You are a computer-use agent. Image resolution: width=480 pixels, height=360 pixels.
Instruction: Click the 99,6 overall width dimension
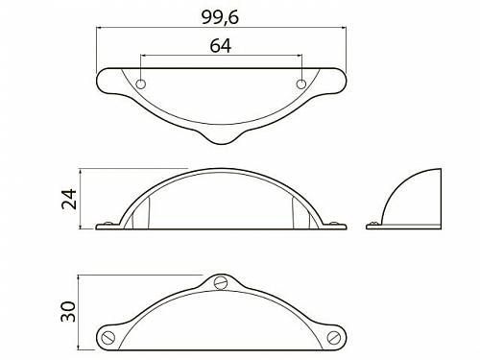(x=220, y=17)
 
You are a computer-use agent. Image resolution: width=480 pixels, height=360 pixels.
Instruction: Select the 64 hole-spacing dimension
(x=221, y=46)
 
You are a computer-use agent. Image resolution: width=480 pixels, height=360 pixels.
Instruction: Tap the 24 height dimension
(x=69, y=199)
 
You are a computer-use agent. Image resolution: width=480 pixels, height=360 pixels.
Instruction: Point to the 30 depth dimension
(x=69, y=311)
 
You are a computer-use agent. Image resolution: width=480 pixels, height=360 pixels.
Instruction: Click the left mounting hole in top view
(x=141, y=84)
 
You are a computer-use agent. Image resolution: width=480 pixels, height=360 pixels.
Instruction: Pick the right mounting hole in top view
(x=301, y=84)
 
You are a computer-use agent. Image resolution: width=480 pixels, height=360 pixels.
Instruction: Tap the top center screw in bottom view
(x=221, y=282)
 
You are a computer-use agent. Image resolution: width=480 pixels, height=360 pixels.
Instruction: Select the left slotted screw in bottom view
(x=108, y=337)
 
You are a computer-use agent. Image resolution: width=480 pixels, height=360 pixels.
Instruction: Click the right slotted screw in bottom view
(x=334, y=337)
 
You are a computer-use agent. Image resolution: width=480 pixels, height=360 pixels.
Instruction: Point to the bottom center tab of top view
(x=222, y=138)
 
